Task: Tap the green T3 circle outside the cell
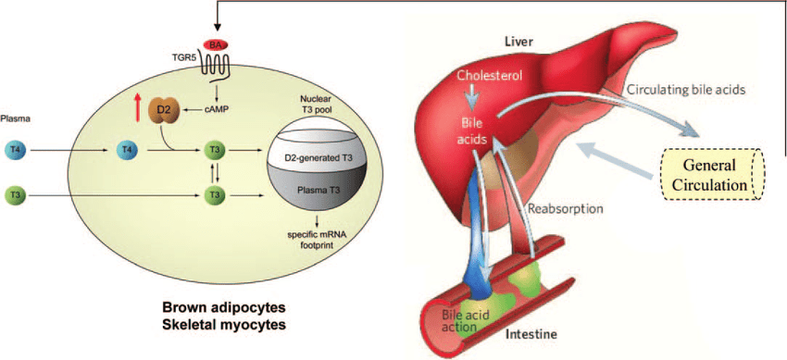pos(16,194)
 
